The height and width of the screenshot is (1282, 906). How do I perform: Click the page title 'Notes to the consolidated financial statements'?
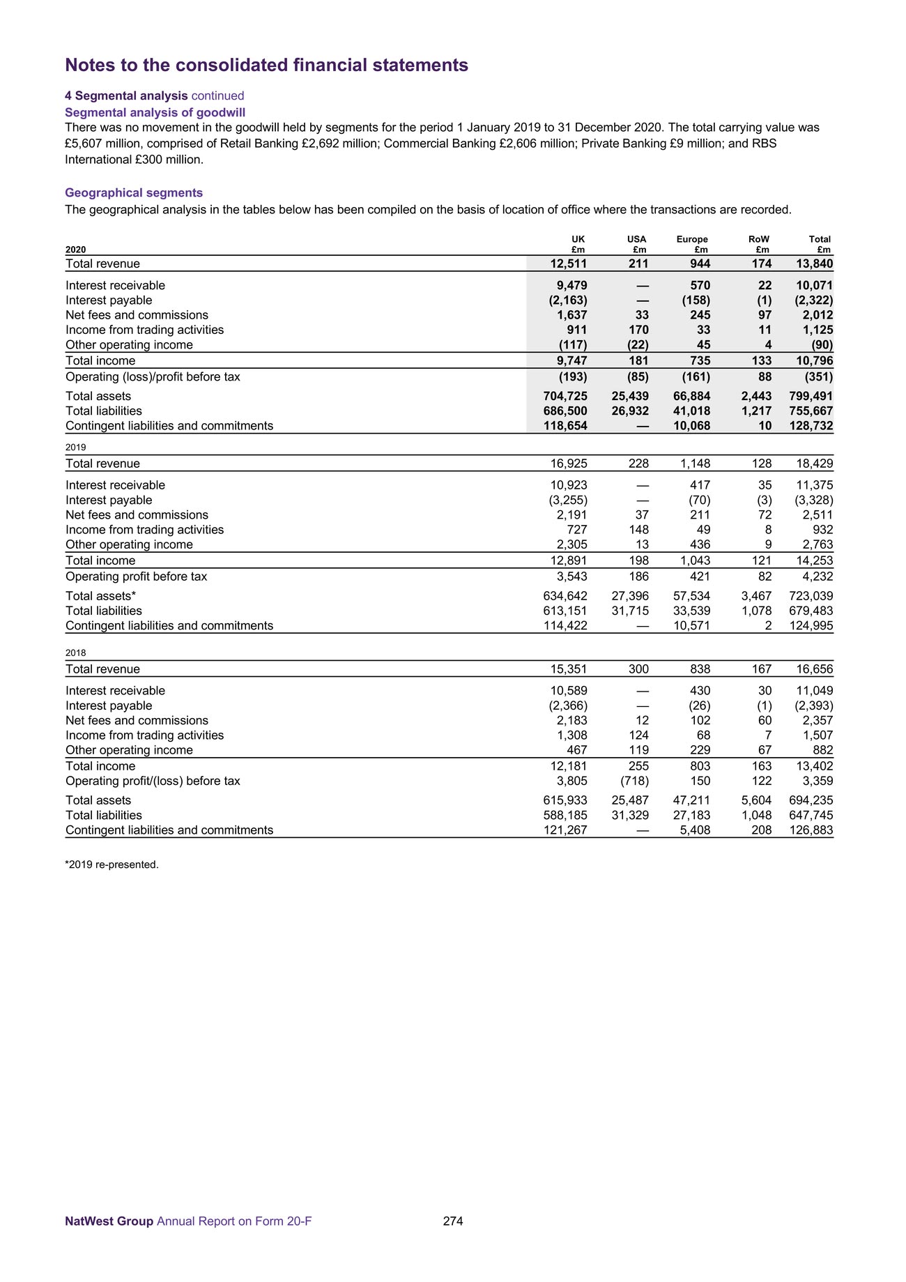click(x=266, y=66)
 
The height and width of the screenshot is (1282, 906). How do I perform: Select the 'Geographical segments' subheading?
click(x=134, y=193)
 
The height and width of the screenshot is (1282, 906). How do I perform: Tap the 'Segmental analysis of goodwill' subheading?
click(x=155, y=112)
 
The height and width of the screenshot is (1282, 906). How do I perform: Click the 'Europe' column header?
click(x=692, y=239)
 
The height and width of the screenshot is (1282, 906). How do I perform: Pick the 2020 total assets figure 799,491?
click(x=811, y=396)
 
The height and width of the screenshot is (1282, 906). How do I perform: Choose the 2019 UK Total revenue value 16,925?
click(x=569, y=464)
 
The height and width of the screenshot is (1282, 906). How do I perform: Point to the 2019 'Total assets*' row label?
click(x=101, y=596)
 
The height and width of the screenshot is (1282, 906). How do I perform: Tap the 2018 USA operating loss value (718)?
click(x=634, y=781)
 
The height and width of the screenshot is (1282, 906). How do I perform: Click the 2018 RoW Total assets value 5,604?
click(x=756, y=800)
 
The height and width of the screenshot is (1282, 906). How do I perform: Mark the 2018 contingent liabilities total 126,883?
click(x=811, y=830)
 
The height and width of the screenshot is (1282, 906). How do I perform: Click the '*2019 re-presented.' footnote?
click(x=112, y=865)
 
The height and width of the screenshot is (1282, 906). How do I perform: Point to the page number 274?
click(x=453, y=1221)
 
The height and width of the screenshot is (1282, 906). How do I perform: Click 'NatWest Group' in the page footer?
click(x=109, y=1221)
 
